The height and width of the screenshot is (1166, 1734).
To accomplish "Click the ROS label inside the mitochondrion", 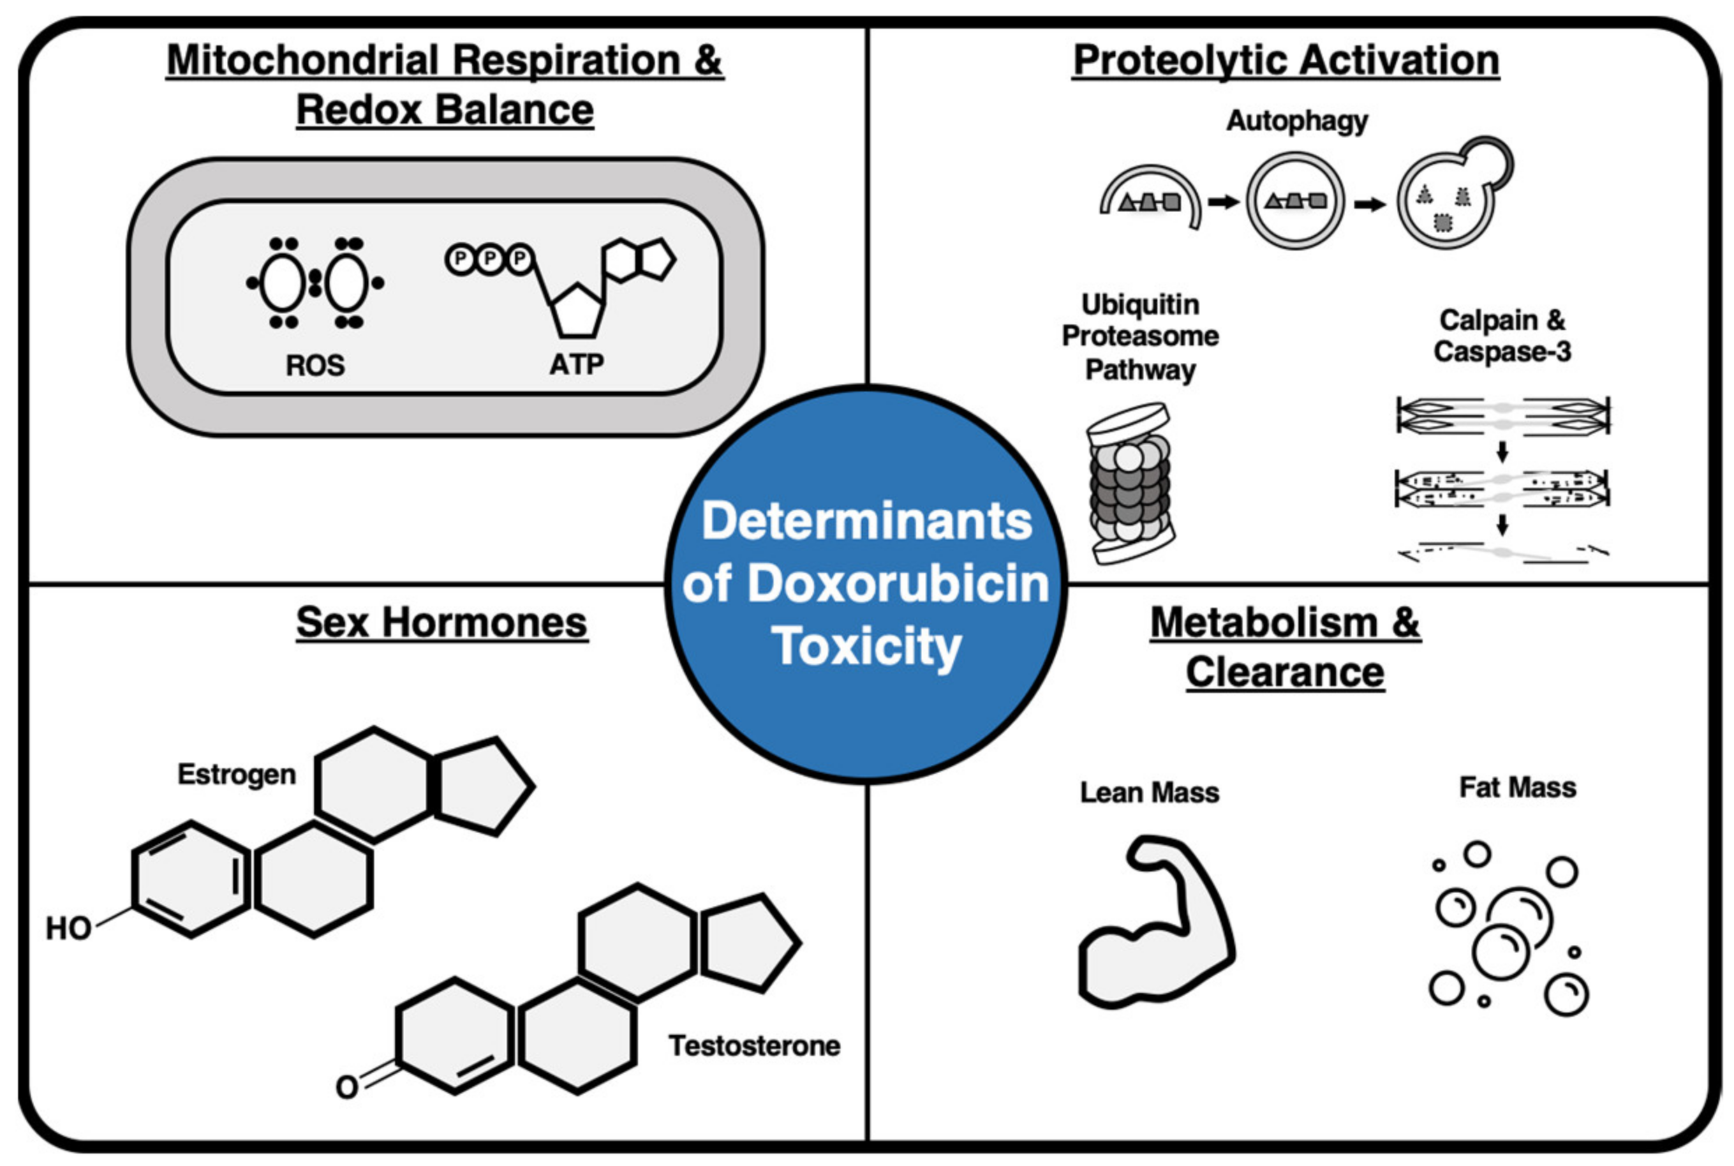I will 315,365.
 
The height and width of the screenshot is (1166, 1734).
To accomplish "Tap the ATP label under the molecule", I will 576,364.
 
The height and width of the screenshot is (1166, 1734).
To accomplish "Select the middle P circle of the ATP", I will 490,260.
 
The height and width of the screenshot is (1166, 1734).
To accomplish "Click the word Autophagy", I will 1296,121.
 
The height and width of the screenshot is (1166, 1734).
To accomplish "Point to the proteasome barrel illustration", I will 1130,484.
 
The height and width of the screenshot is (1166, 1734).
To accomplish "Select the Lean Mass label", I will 1149,792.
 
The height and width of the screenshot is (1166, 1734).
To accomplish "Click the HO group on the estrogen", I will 68,928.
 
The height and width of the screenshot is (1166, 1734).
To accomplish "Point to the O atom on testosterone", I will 347,1086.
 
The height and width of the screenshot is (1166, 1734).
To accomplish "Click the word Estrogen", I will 237,774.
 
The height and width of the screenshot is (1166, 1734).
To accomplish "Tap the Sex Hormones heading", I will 442,622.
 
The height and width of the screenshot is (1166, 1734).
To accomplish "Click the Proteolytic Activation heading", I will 1285,60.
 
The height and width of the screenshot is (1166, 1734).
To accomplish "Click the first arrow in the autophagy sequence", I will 1222,202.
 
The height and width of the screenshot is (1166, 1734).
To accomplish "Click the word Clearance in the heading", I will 1284,672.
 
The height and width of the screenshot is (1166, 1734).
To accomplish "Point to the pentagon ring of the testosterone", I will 747,943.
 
